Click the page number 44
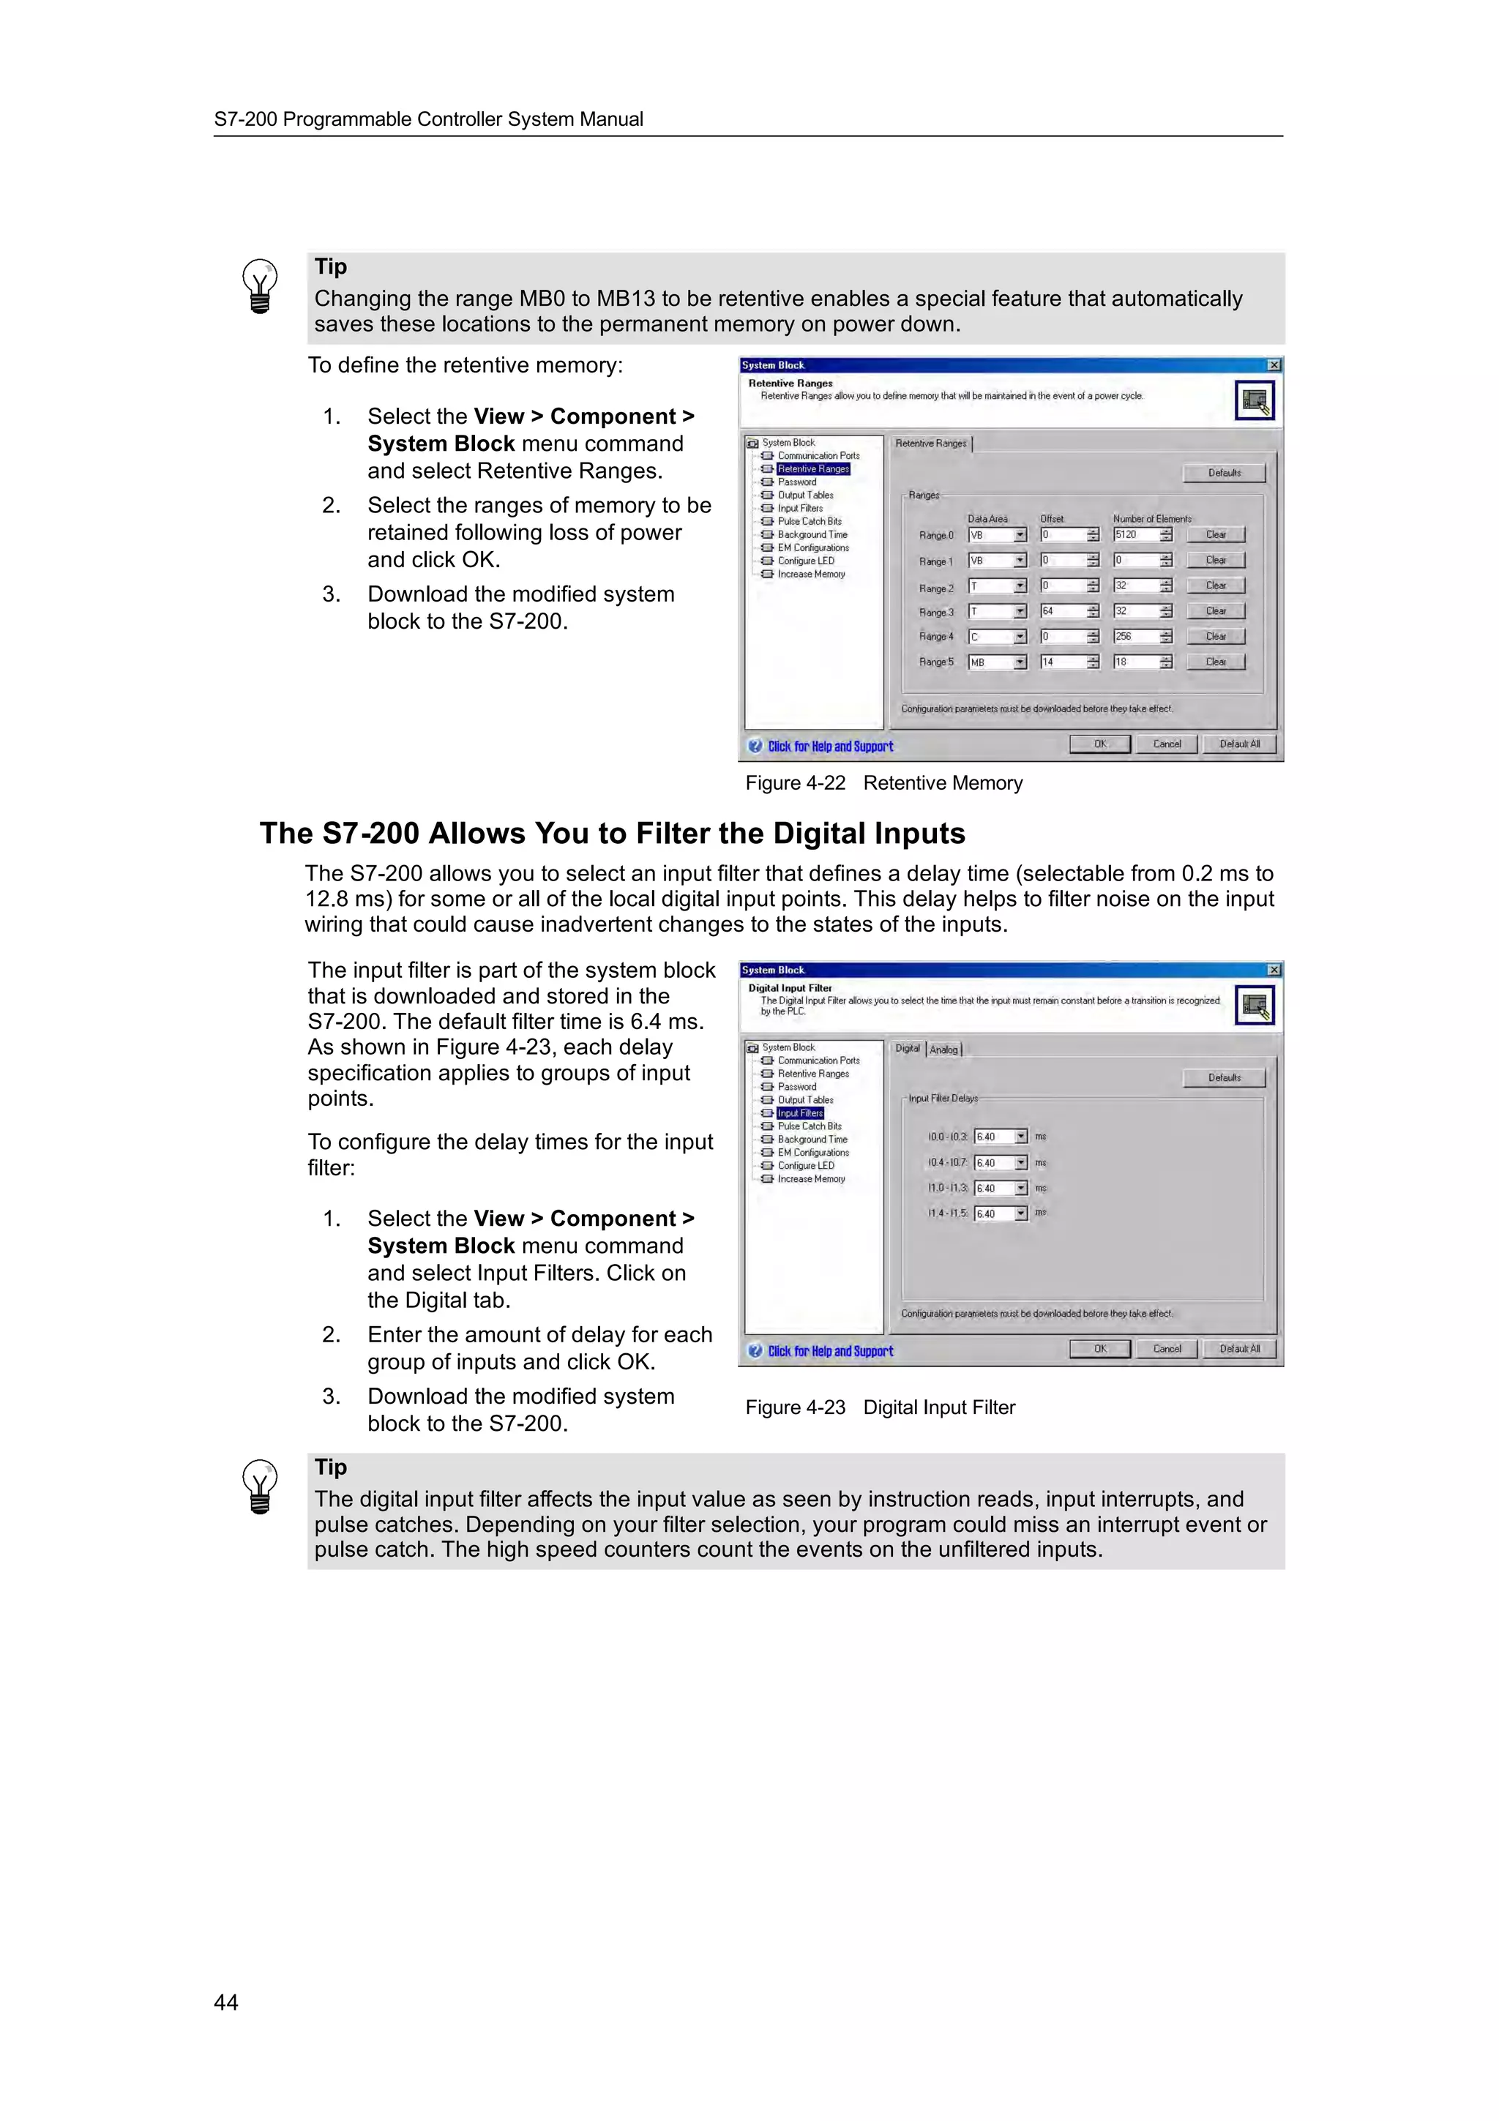(226, 2001)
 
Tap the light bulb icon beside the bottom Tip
(260, 1487)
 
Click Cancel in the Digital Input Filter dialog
(1167, 1349)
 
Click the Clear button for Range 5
(1216, 662)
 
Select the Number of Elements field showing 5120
(1135, 535)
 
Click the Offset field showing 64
(1062, 612)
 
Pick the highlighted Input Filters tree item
(800, 1113)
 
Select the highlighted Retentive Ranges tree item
(812, 469)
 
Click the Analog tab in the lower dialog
(944, 1050)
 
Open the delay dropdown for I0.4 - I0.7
(1020, 1163)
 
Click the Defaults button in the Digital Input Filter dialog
(1224, 1077)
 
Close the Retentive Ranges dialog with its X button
(1274, 366)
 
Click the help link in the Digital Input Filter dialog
(829, 1352)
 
